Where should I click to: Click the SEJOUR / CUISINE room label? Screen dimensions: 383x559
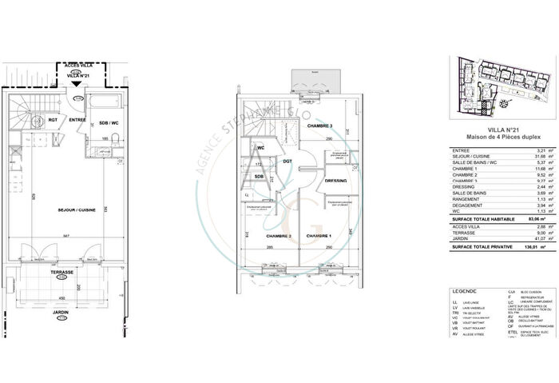[77, 209]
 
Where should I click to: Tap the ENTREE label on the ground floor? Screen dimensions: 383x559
[77, 120]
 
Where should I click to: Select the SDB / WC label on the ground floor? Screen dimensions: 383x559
[109, 122]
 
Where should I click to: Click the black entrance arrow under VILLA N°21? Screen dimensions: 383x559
[76, 82]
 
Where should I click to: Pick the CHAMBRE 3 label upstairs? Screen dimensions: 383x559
[319, 126]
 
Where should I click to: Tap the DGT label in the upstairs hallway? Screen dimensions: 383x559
[287, 162]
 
